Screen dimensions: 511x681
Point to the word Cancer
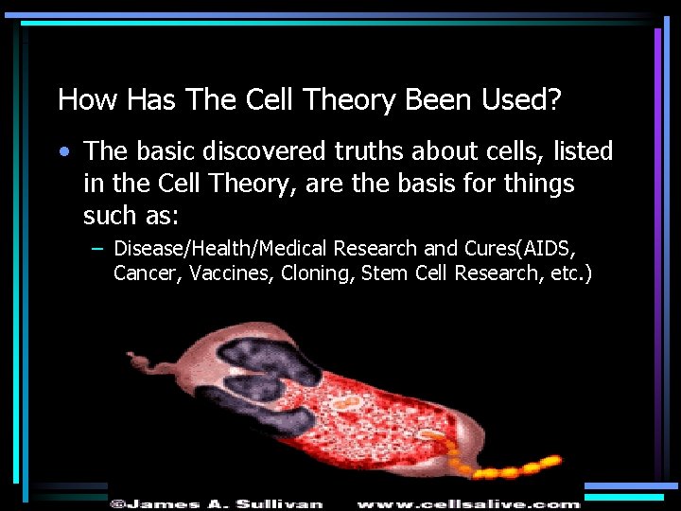pyautogui.click(x=145, y=274)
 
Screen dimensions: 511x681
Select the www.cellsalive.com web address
pyautogui.click(x=467, y=503)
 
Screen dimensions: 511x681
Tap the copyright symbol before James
pyautogui.click(x=116, y=503)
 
